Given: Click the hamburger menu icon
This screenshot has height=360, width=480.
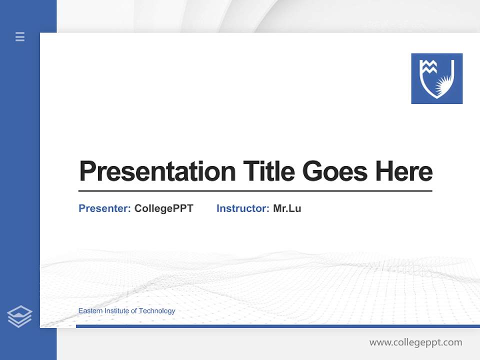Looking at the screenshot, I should (20, 36).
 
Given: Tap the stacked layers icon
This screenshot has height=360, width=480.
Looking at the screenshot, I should (19, 316).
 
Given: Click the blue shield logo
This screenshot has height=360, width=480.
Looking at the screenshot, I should (436, 78).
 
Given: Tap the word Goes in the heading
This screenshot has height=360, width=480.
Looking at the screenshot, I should (335, 171).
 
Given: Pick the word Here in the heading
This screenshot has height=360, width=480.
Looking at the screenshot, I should (404, 171).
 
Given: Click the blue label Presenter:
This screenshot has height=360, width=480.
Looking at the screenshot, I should (104, 208).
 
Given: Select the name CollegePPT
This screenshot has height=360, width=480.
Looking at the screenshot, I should (163, 208).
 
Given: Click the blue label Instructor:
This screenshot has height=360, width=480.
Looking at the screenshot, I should (242, 208).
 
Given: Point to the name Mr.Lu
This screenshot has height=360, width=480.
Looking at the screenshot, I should (287, 208).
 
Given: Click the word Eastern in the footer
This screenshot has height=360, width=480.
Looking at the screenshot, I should (90, 311).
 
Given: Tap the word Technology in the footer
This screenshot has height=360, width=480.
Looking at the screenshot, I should (157, 311).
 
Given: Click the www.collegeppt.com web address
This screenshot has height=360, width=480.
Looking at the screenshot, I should (415, 342).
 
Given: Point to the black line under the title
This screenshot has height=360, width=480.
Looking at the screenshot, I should (255, 191).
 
